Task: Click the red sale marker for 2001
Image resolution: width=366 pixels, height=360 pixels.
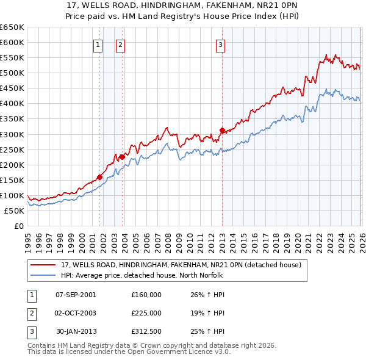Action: point(99,177)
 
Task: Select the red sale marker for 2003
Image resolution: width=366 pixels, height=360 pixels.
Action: point(122,157)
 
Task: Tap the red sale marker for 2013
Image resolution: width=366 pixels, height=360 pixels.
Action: point(222,130)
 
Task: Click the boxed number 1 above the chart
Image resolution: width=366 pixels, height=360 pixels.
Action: point(98,44)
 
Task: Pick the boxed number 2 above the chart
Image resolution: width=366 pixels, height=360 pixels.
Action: point(120,44)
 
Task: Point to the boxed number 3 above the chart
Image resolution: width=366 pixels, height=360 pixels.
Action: point(220,44)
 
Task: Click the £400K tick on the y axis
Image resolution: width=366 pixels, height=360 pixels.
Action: point(12,104)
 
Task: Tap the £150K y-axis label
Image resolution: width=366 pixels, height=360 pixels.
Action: point(12,180)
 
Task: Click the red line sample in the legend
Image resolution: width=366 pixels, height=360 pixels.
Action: point(43,265)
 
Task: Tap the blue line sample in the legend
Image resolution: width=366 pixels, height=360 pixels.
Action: point(43,275)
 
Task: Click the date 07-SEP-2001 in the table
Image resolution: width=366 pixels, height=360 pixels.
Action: point(76,295)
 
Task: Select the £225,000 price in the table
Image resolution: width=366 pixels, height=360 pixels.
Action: point(146,313)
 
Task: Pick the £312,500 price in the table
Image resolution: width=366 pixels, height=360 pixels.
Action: point(146,331)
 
